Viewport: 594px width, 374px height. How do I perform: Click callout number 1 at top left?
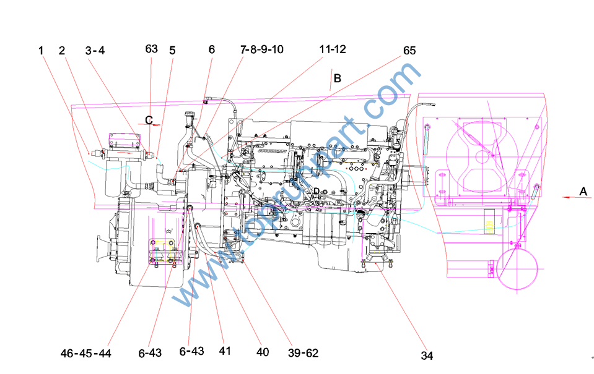click(x=41, y=50)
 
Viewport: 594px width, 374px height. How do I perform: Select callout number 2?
click(x=62, y=50)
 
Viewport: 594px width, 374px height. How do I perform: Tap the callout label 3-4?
click(x=95, y=50)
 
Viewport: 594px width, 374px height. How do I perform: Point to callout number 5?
click(x=172, y=50)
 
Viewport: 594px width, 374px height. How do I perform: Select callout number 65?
click(x=409, y=50)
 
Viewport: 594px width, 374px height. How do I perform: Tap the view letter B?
click(x=338, y=79)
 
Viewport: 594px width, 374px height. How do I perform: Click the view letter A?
click(x=583, y=192)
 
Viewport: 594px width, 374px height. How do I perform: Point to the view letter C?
click(x=149, y=119)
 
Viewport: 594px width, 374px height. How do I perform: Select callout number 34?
click(x=427, y=355)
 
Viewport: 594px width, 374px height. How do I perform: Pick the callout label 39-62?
click(x=303, y=353)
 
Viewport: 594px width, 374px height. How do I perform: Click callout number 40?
click(x=263, y=352)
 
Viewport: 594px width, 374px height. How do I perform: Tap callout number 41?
click(x=224, y=351)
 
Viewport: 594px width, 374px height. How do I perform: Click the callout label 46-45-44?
click(x=85, y=353)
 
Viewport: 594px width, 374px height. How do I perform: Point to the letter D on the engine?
click(x=316, y=191)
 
